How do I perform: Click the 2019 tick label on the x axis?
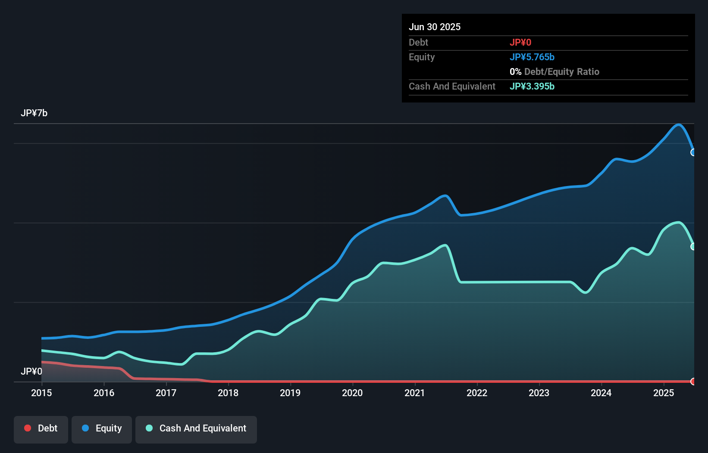(290, 393)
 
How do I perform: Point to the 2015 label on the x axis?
(41, 393)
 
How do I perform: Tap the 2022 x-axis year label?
(477, 393)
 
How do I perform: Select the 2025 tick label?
(663, 393)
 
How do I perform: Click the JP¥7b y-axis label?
(34, 113)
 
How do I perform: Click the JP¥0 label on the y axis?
(31, 371)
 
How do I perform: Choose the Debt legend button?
(41, 428)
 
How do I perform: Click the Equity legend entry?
(102, 428)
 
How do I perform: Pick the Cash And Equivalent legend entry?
(196, 428)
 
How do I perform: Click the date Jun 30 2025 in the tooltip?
(435, 27)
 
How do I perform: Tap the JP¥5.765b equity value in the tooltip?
(532, 57)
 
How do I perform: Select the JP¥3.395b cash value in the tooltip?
(532, 87)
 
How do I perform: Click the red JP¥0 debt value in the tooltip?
(520, 43)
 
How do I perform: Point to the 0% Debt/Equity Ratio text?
(554, 72)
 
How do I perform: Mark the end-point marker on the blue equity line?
(693, 152)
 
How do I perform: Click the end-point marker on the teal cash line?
(693, 246)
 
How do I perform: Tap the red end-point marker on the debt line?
(693, 382)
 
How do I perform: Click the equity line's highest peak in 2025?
(678, 125)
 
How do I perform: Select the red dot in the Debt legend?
(28, 428)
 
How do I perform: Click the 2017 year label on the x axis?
(166, 393)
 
